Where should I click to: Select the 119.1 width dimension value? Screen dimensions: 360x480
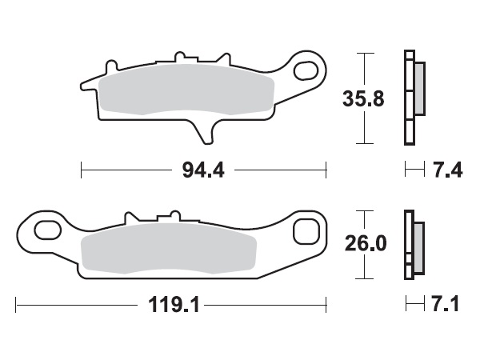tap(173, 305)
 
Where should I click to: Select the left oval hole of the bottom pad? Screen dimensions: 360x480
tap(47, 230)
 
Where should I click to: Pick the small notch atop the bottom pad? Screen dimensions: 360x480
tap(169, 216)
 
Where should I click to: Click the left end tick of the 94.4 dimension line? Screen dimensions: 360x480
tap(82, 170)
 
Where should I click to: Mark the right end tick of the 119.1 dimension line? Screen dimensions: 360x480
tap(326, 305)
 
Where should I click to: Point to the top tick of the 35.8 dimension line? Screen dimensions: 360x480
tap(365, 53)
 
